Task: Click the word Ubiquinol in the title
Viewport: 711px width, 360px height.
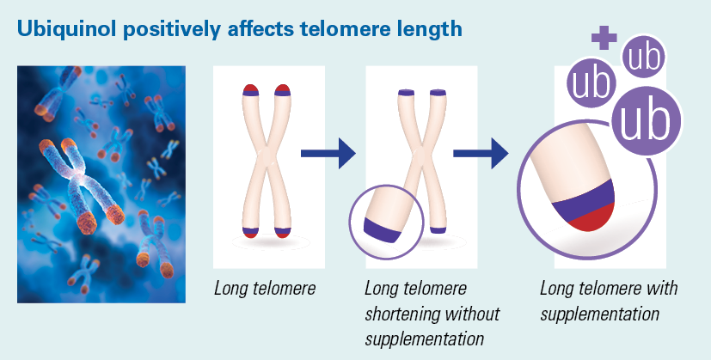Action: tap(67, 29)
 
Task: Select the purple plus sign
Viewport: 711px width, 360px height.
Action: tap(604, 37)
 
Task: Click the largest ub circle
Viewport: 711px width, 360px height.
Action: tap(646, 121)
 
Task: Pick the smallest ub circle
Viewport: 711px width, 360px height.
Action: tap(644, 57)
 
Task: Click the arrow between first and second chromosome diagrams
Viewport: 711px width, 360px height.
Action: tap(328, 153)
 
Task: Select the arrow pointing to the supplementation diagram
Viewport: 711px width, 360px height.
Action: tap(481, 153)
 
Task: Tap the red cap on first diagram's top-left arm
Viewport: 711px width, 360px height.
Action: tap(251, 88)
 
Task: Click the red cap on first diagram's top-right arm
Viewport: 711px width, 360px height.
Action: tap(282, 88)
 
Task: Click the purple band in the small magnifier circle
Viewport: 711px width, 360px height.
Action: tap(383, 230)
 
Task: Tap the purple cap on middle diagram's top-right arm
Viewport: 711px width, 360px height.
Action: tap(438, 93)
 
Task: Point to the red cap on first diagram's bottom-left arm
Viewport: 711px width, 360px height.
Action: tap(250, 235)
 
